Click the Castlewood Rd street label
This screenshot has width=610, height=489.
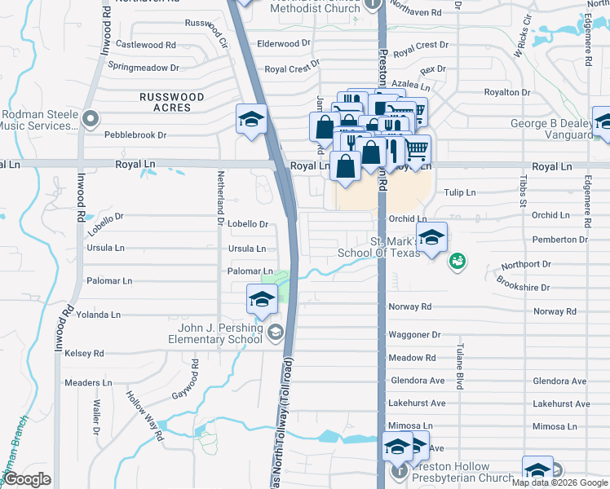point(146,44)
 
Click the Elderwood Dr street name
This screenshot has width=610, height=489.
point(284,42)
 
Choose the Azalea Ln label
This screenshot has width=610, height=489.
point(410,85)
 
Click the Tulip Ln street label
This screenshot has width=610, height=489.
point(460,192)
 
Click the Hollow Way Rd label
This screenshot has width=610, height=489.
point(145,416)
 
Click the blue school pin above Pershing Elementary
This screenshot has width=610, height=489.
point(262,300)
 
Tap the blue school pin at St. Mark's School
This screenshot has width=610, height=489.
point(431,238)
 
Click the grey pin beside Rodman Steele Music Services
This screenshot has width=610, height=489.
point(91,119)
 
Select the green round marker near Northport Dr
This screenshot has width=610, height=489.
point(457,260)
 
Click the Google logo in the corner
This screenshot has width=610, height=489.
point(27,479)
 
